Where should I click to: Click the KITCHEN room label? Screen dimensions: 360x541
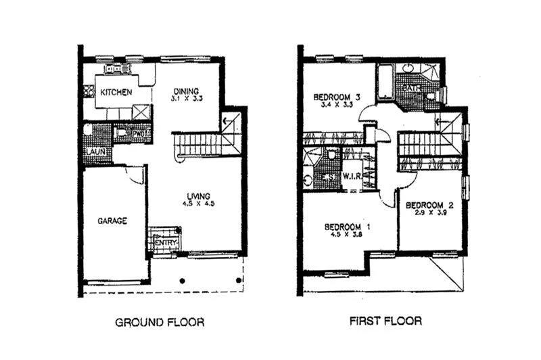pyautogui.click(x=117, y=92)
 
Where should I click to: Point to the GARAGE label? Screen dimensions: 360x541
pyautogui.click(x=112, y=220)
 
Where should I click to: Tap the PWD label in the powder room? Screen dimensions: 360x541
pyautogui.click(x=138, y=133)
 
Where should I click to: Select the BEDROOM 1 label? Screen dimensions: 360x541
pyautogui.click(x=348, y=227)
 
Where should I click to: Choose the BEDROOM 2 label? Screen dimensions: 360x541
pyautogui.click(x=429, y=204)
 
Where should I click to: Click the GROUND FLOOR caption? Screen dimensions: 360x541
pyautogui.click(x=160, y=321)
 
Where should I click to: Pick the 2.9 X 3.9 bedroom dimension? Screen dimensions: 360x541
pyautogui.click(x=429, y=212)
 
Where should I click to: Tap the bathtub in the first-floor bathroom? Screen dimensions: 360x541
pyautogui.click(x=386, y=81)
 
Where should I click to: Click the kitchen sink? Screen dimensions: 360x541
pyautogui.click(x=112, y=68)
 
